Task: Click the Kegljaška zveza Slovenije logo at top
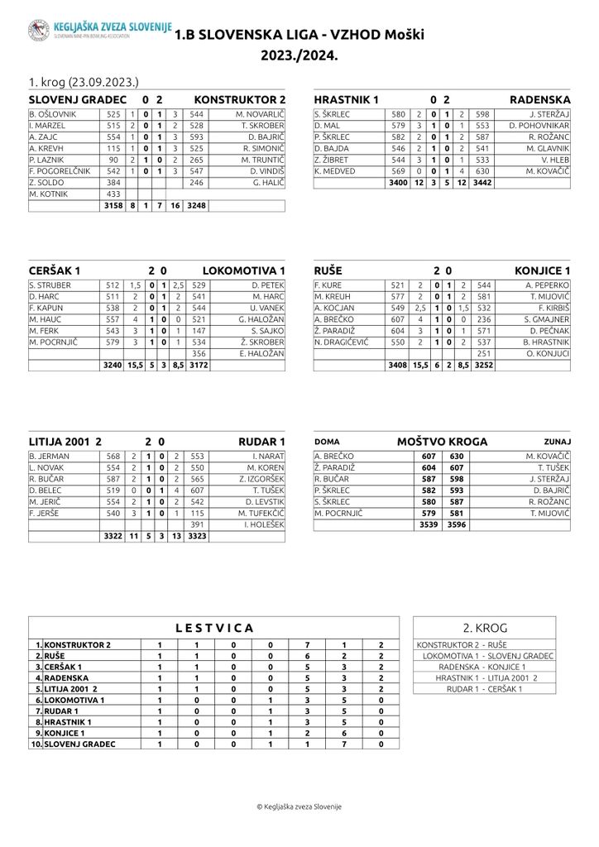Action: point(39,31)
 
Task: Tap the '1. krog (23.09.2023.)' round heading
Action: point(82,82)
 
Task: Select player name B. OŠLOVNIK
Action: point(52,113)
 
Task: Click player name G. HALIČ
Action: point(270,183)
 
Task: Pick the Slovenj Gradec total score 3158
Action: point(113,207)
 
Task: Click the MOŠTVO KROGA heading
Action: point(442,442)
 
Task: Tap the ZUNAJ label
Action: point(557,442)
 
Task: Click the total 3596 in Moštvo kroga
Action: point(456,524)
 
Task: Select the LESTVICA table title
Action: point(214,628)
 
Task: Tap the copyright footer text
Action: point(299,806)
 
